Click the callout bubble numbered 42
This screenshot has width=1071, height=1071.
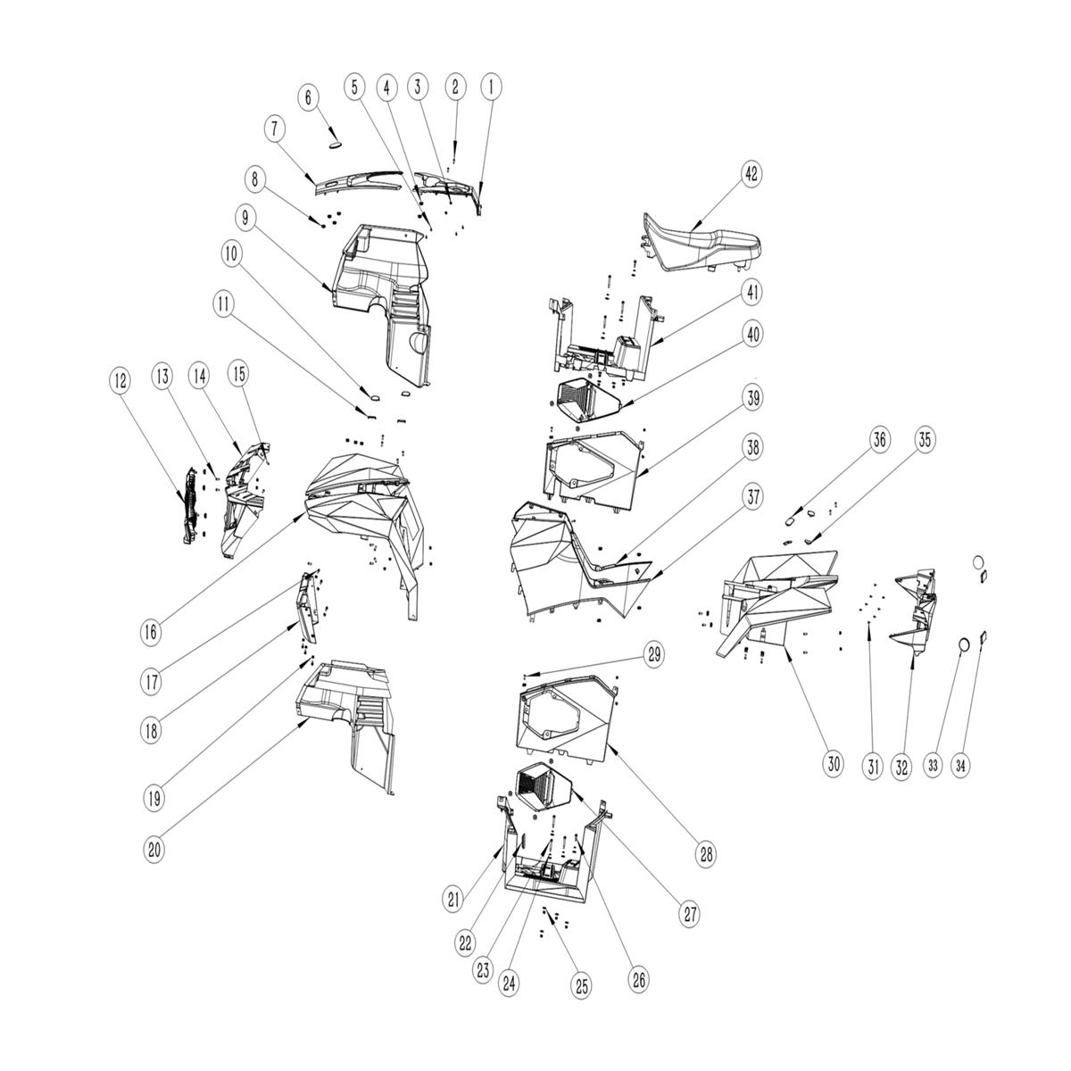751,174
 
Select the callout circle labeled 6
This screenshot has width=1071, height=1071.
309,98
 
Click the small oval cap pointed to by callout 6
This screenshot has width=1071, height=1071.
334,145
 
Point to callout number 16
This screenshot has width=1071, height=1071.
151,633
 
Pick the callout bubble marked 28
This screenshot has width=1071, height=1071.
706,854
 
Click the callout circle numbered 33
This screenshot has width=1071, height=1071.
933,766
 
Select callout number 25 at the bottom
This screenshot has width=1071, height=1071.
581,986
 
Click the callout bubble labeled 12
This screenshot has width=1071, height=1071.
120,381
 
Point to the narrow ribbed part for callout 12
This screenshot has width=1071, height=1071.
192,504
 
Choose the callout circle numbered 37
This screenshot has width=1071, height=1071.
752,496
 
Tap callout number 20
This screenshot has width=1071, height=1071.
154,850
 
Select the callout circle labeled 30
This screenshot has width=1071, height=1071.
833,765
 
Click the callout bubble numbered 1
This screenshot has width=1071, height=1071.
491,87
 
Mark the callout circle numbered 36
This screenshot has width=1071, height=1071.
879,440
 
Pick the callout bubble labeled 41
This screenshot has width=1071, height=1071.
752,292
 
